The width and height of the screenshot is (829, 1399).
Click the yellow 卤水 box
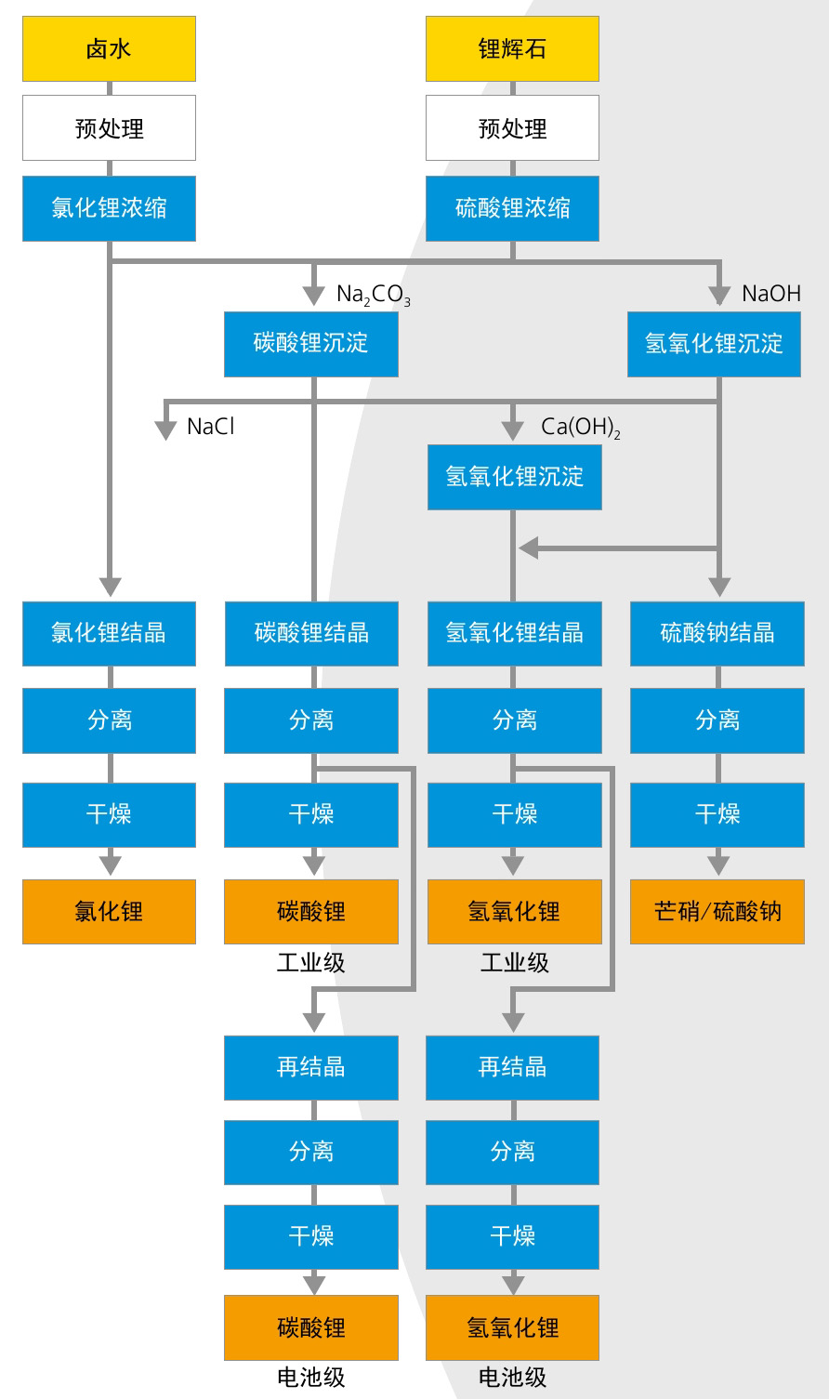tap(109, 48)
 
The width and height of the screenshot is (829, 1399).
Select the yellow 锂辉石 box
tap(512, 48)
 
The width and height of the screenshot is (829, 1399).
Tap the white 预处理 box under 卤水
tap(109, 128)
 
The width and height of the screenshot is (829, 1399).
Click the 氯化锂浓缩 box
tap(109, 208)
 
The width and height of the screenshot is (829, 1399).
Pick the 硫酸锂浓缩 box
tap(512, 208)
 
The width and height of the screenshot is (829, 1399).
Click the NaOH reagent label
tap(770, 294)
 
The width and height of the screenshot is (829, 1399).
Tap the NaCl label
tap(211, 427)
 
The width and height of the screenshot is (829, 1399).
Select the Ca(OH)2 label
tap(581, 428)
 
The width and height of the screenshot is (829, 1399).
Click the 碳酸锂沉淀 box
tap(310, 343)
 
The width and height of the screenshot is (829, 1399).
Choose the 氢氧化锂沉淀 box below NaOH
tap(714, 343)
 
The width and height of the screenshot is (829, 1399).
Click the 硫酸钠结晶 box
tap(717, 633)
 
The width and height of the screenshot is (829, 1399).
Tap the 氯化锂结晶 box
tap(109, 633)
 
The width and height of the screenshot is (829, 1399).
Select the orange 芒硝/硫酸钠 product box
tap(717, 911)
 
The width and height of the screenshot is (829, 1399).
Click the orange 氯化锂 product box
tap(109, 911)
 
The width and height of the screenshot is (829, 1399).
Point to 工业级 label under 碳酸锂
tap(310, 963)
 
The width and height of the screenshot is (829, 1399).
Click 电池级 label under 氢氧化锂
tap(512, 1377)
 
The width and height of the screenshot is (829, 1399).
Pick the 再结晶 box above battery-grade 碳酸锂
tap(310, 1067)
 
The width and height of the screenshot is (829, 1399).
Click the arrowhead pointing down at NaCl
tap(165, 429)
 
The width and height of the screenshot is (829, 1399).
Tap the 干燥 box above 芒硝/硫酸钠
tap(717, 814)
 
